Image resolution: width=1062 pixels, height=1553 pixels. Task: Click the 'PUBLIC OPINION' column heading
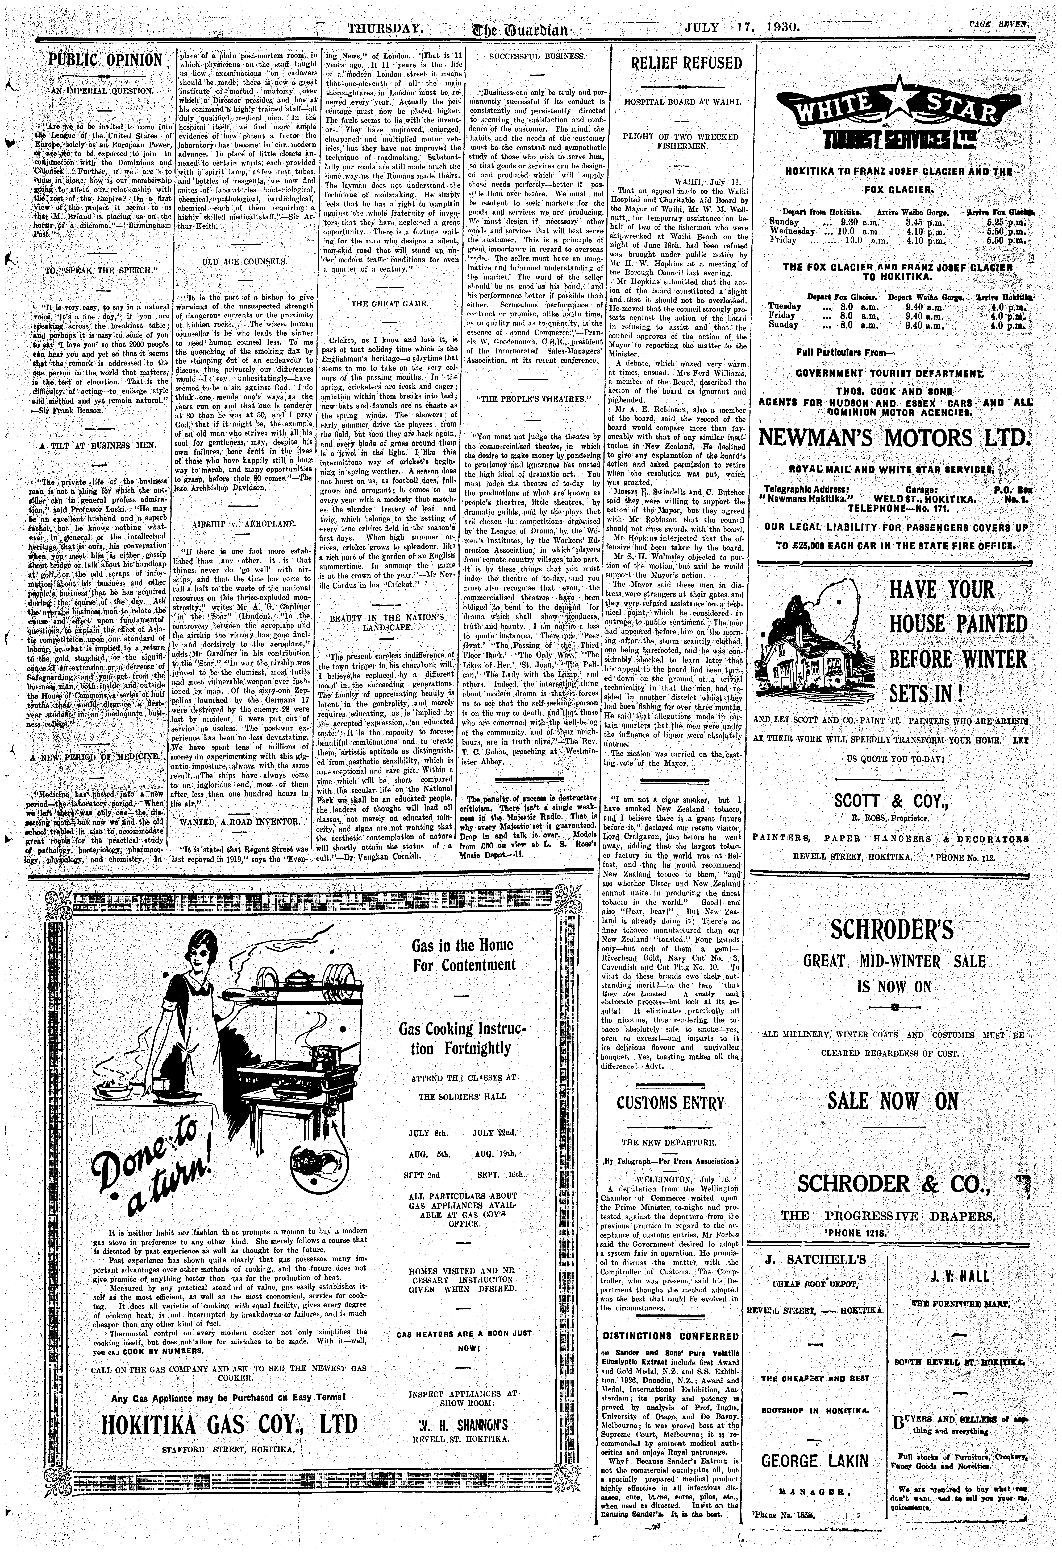coord(106,60)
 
